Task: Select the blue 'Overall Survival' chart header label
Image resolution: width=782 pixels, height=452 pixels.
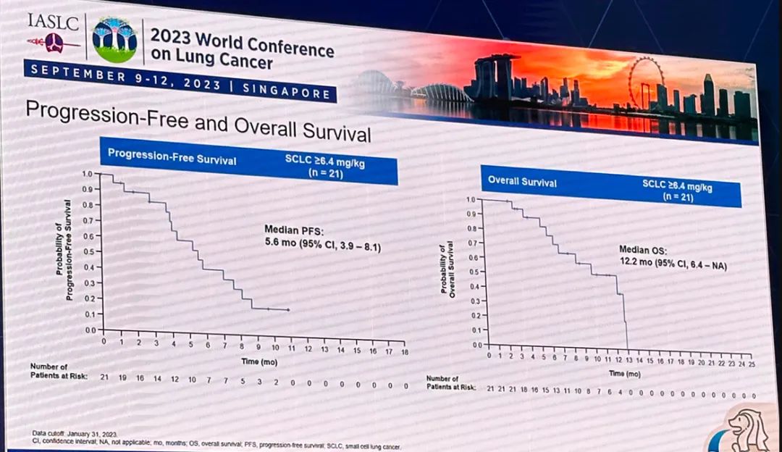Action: [x=522, y=181]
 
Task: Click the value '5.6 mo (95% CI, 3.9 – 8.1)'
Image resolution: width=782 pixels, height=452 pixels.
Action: [x=322, y=246]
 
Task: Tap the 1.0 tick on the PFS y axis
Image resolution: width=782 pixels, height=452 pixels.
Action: [x=86, y=175]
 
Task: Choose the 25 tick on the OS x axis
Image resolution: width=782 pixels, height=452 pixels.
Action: [x=752, y=364]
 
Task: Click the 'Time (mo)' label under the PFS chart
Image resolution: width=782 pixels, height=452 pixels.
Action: [x=258, y=359]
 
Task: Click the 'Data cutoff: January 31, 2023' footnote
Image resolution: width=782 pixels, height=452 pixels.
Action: [x=75, y=433]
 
